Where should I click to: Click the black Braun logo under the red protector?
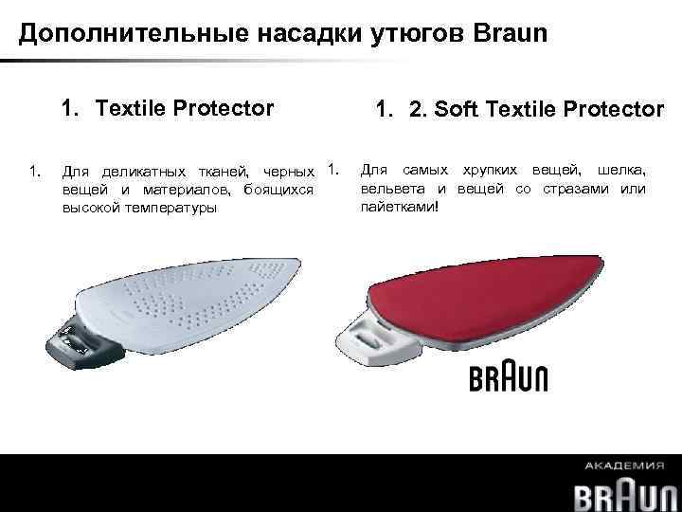coord(508,377)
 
